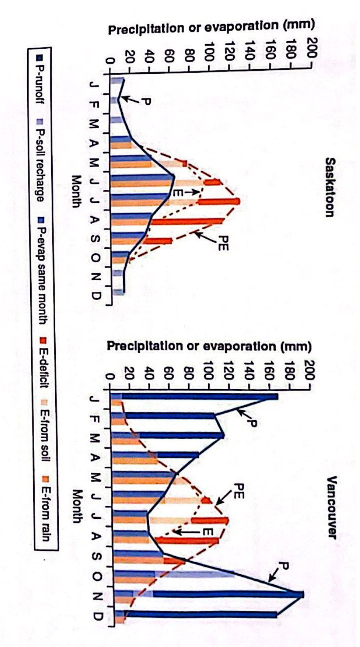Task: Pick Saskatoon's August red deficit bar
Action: tap(189, 222)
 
